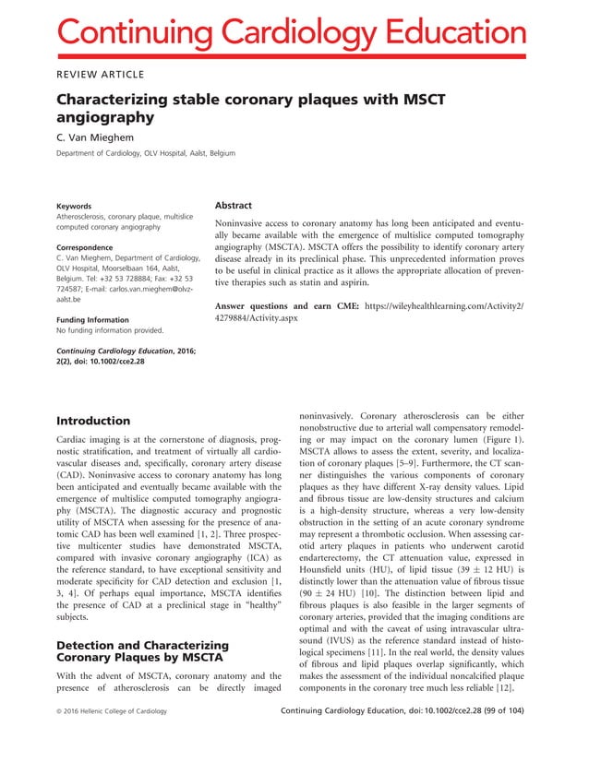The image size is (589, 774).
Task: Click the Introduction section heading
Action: pyautogui.click(x=93, y=421)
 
